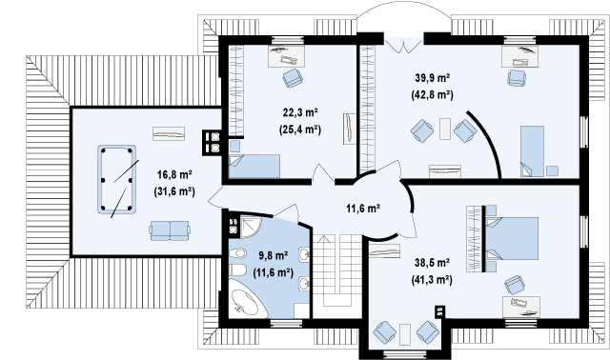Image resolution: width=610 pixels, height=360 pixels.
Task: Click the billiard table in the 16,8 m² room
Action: [116, 179]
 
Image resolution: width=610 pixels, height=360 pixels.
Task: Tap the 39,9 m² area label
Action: [432, 78]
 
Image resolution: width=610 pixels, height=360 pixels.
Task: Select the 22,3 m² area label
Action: [300, 112]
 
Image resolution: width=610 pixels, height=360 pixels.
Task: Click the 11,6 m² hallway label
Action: [363, 209]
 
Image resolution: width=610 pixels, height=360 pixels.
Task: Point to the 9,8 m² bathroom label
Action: [274, 256]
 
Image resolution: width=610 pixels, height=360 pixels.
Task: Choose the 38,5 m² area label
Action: [432, 263]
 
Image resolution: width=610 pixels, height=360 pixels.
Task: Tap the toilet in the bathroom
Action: [237, 270]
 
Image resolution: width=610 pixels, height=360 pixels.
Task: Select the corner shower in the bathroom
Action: [251, 227]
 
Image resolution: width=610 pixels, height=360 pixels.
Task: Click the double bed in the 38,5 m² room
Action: [511, 238]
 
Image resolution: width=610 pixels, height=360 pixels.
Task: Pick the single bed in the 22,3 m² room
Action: [254, 166]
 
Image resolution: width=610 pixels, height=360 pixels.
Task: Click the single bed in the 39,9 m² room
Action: [532, 150]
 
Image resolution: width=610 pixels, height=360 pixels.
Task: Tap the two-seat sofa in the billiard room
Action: [170, 230]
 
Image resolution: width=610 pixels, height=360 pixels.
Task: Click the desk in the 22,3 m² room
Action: [286, 56]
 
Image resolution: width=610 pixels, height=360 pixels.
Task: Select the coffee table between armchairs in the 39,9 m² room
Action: [445, 129]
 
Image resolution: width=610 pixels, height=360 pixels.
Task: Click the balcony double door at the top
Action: [404, 45]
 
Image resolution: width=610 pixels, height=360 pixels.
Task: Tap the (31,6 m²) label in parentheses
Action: [174, 191]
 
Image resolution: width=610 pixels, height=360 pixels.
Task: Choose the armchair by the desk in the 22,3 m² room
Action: [293, 78]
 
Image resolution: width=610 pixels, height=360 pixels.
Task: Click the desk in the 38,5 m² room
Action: [521, 307]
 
